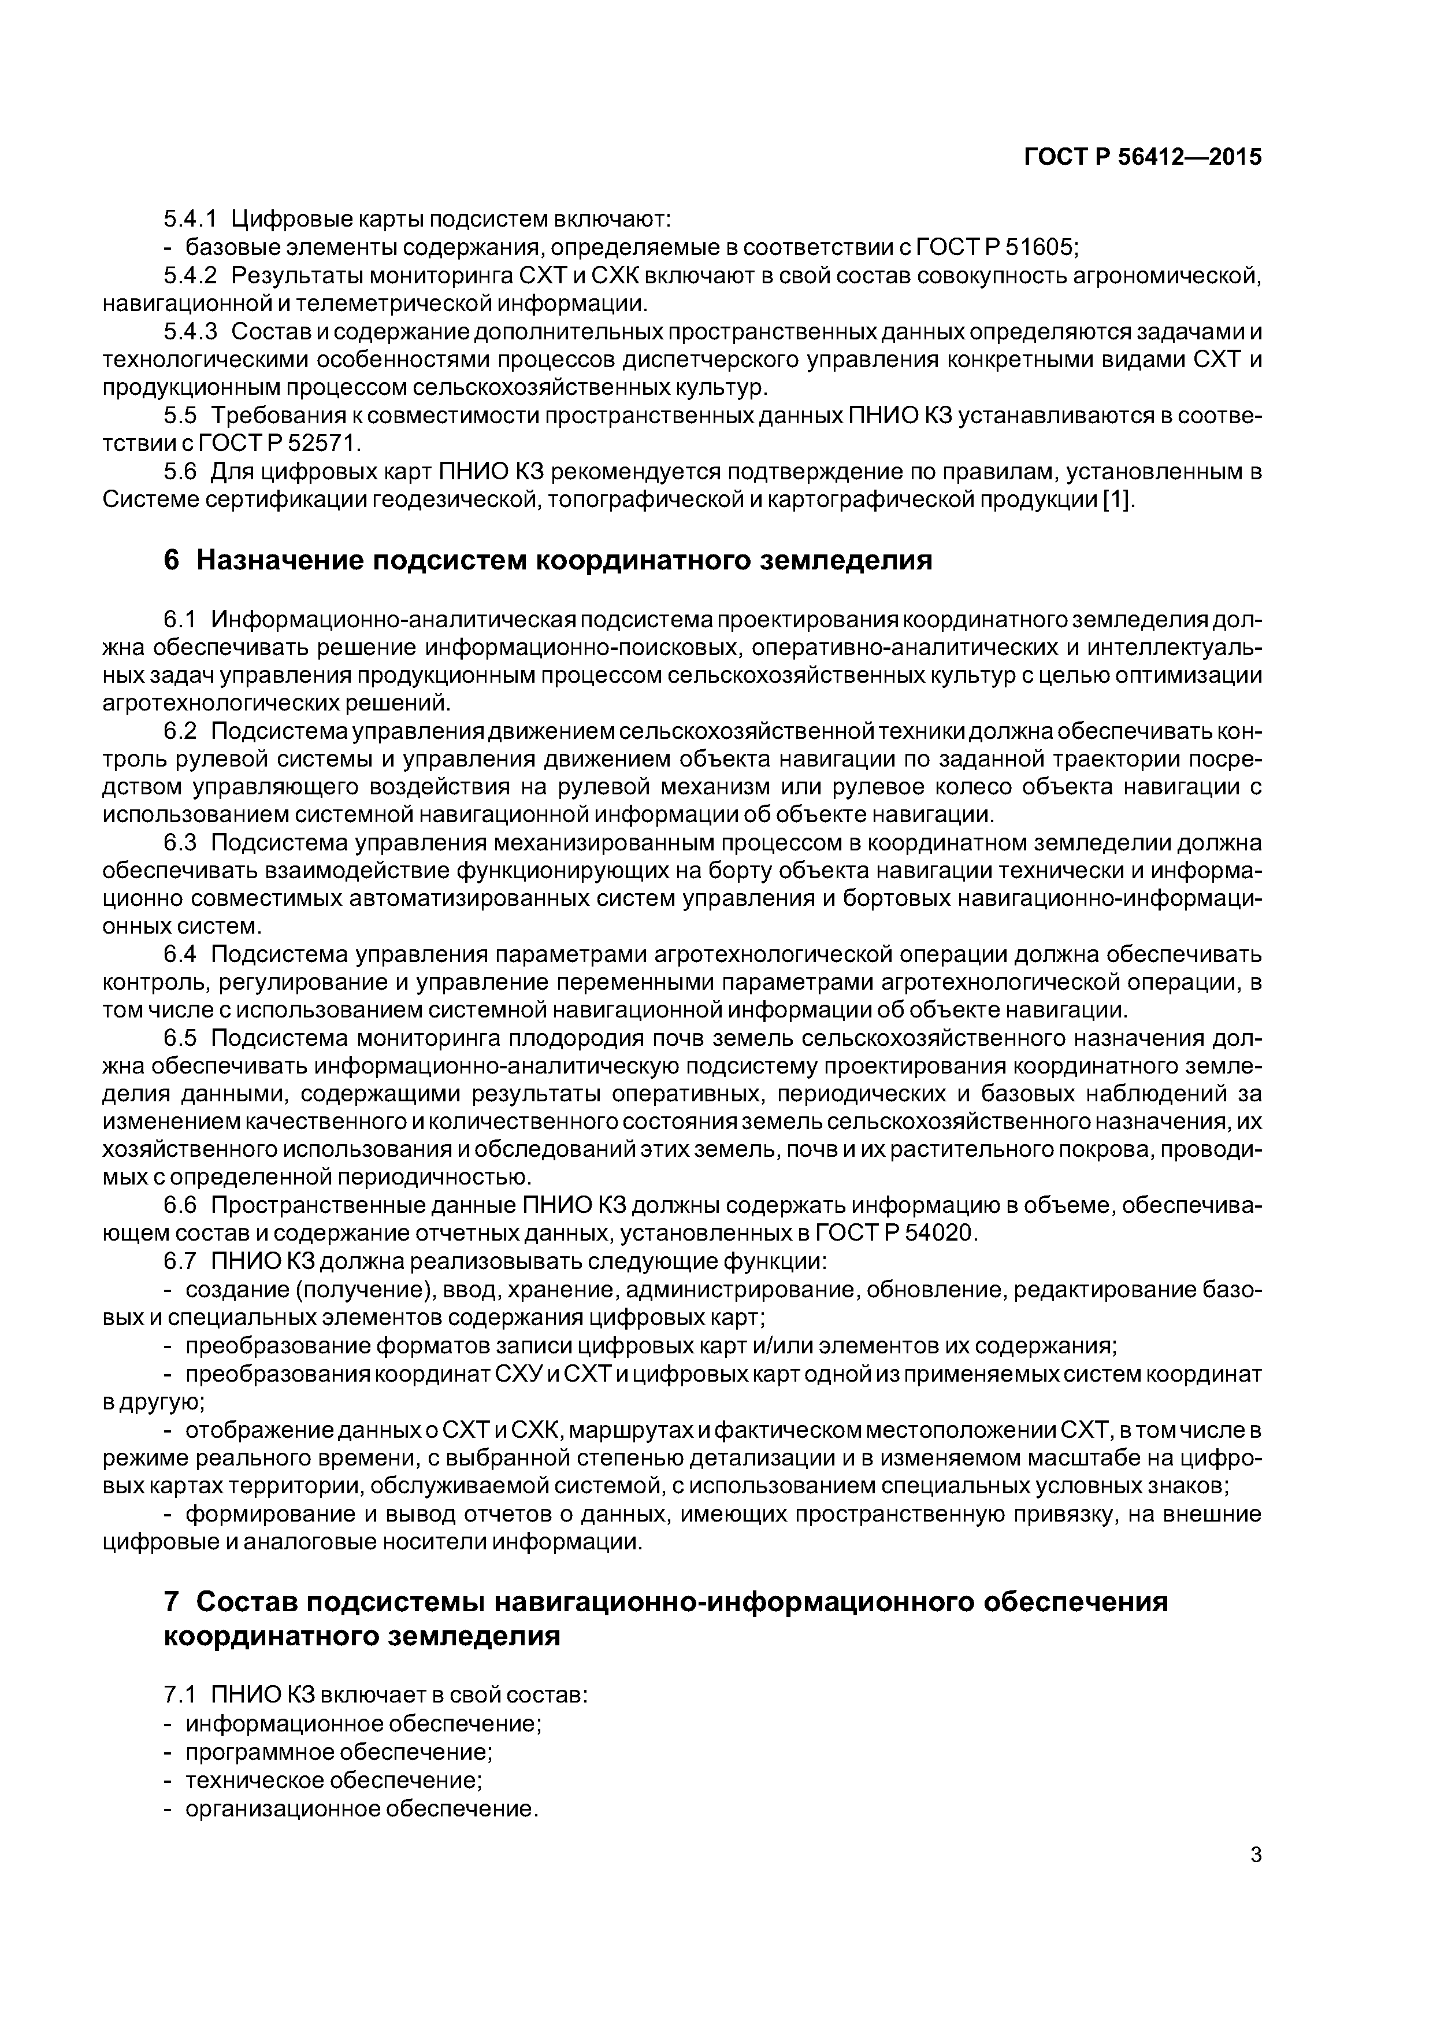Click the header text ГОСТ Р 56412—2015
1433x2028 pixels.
(1142, 157)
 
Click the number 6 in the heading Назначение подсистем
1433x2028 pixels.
(171, 561)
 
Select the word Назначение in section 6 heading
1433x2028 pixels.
(283, 561)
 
